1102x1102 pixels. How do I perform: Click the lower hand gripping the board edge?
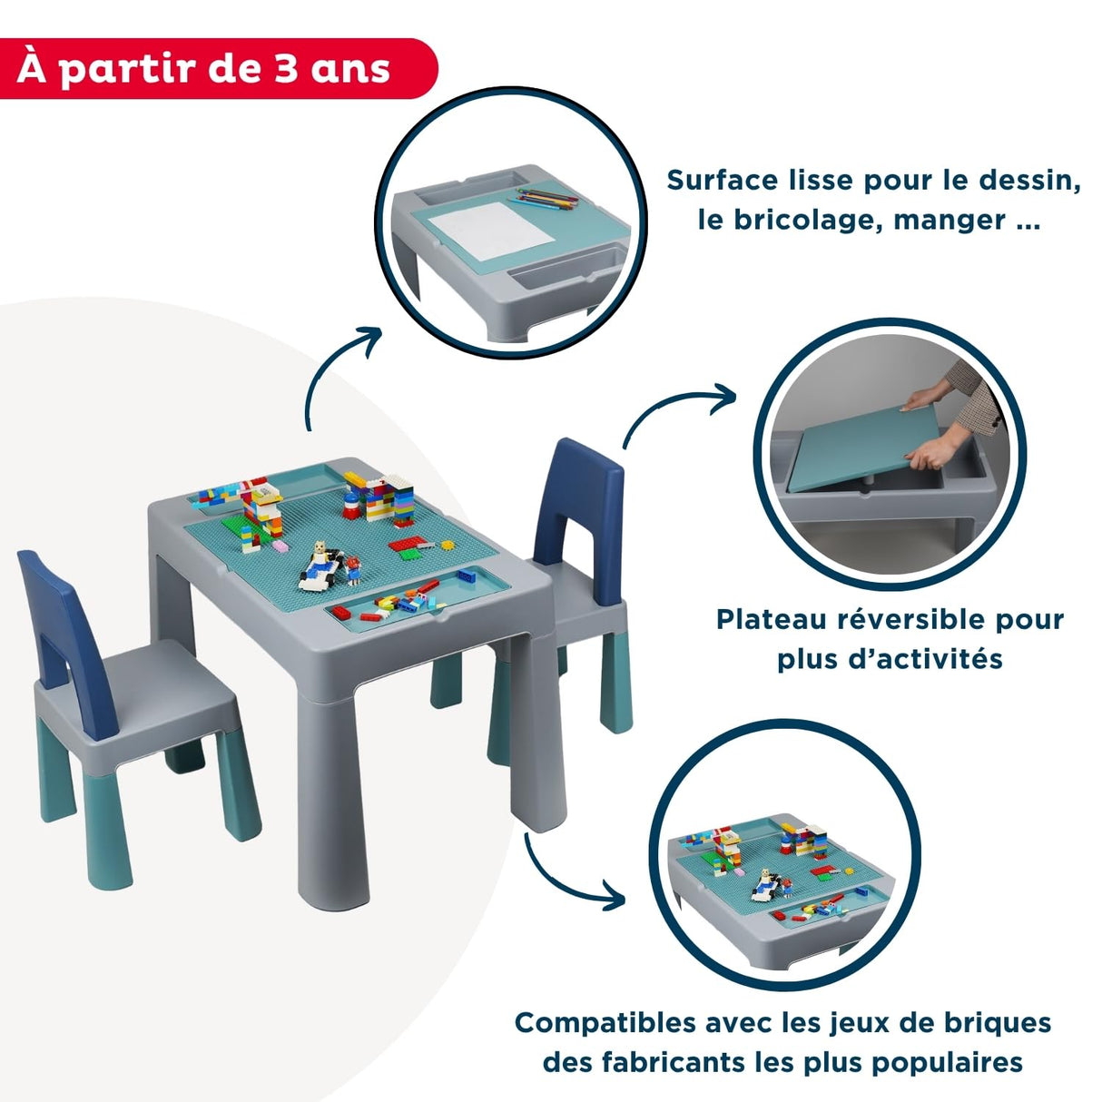pyautogui.click(x=933, y=452)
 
